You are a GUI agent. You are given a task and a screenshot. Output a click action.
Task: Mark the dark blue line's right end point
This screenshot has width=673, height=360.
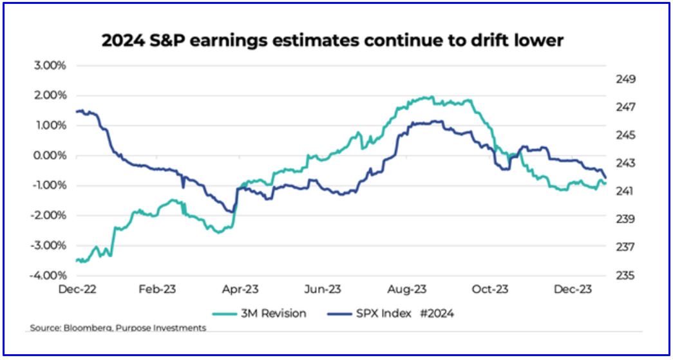click(606, 178)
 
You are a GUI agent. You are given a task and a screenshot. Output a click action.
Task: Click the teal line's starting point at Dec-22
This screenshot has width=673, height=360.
click(76, 260)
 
